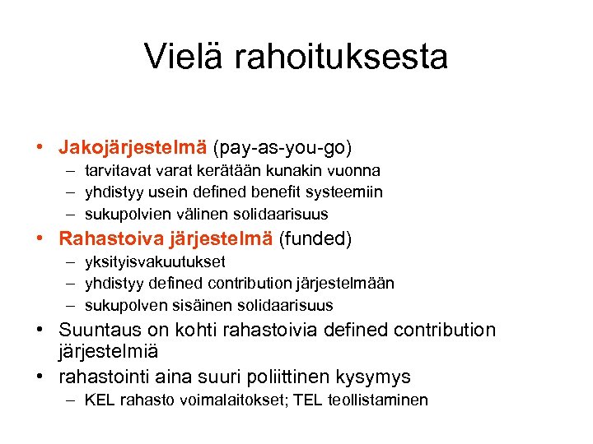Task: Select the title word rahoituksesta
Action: (342, 57)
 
